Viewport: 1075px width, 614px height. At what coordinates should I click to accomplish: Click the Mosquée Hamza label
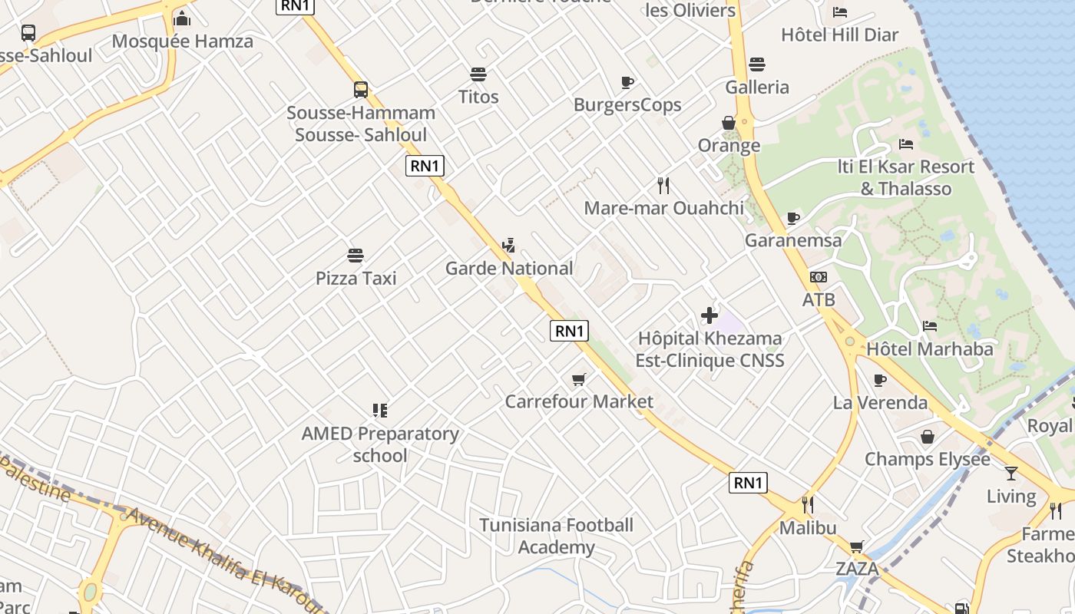click(x=182, y=41)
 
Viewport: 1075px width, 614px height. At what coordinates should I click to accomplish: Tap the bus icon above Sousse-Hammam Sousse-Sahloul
click(x=361, y=89)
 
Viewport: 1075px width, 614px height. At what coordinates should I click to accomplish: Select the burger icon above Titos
click(x=478, y=74)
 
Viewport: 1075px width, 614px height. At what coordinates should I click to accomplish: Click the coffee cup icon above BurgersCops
click(x=627, y=82)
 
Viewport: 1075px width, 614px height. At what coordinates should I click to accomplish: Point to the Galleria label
click(x=757, y=87)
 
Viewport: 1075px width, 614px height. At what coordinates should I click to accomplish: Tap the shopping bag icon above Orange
click(x=729, y=123)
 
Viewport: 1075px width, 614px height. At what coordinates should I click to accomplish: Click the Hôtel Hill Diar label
click(x=839, y=35)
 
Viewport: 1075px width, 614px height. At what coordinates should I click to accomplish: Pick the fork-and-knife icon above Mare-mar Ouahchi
click(x=663, y=185)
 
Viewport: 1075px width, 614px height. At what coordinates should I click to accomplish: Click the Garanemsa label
click(x=793, y=240)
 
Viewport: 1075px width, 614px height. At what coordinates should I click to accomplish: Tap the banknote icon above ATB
click(x=819, y=277)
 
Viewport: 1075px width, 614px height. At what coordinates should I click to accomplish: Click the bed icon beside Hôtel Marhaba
click(x=930, y=326)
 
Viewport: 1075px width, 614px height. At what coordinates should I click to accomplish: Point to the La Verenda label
click(x=880, y=403)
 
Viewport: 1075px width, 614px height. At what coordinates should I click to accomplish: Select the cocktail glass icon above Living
click(x=1011, y=474)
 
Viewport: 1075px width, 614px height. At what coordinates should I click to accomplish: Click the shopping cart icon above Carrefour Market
click(x=579, y=379)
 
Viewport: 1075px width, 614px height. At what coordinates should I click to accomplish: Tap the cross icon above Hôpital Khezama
click(x=709, y=315)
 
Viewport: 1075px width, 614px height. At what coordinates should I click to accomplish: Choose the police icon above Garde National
click(x=508, y=246)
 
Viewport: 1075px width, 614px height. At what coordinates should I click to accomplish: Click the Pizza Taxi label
click(x=356, y=278)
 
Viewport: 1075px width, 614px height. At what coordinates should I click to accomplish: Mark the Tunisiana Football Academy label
click(x=557, y=536)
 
